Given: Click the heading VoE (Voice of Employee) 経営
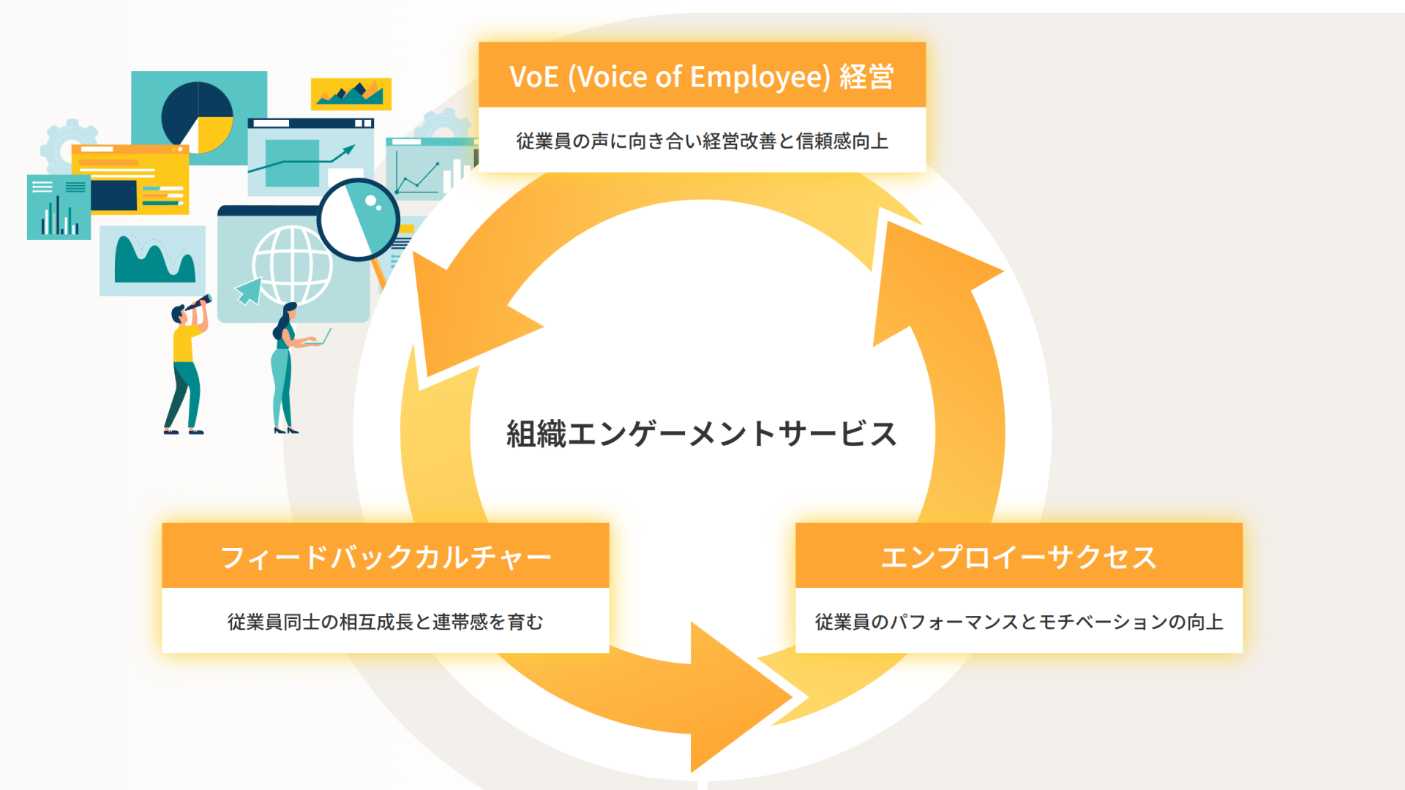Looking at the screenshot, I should click(x=701, y=76).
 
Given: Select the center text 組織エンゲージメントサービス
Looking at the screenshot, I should click(x=701, y=434).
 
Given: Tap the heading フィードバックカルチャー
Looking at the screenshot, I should click(x=386, y=557).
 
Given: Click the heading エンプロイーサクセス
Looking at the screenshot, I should click(x=1019, y=557).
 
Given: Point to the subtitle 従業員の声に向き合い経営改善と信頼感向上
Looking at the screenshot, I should click(x=701, y=140).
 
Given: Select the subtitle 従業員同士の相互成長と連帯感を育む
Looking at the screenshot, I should click(x=386, y=622).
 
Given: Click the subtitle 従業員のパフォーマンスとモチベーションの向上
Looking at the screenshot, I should click(x=1019, y=622).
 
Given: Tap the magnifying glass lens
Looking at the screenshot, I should click(x=359, y=219).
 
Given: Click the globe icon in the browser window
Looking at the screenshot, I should click(x=291, y=266).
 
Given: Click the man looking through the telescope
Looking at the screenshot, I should click(x=186, y=366).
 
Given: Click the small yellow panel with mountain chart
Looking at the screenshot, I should click(x=351, y=94).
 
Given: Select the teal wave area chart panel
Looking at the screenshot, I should click(x=152, y=260).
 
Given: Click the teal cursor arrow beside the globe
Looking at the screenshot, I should click(x=250, y=291).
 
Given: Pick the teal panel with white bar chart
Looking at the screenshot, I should click(x=59, y=208).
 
